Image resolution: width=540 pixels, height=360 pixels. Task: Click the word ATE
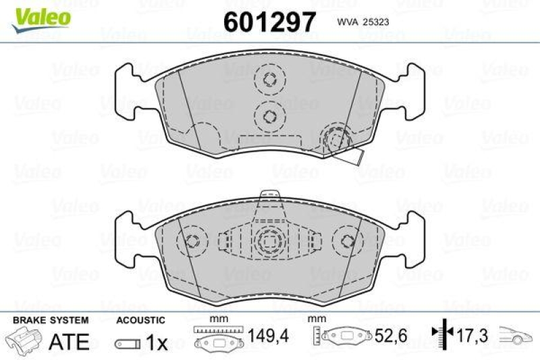pyautogui.click(x=69, y=342)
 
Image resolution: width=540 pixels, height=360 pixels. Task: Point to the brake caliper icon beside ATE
pyautogui.click(x=24, y=340)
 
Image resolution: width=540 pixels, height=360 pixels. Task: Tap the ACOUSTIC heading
pyautogui.click(x=140, y=320)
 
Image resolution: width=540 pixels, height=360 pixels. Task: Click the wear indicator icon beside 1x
pyautogui.click(x=126, y=344)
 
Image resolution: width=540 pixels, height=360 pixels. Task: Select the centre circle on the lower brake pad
pyautogui.click(x=269, y=240)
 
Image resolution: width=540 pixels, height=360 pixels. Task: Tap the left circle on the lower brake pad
pyautogui.click(x=192, y=240)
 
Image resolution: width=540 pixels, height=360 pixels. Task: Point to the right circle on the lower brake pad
pyautogui.click(x=347, y=240)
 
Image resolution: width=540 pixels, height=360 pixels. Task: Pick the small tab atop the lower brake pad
pyautogui.click(x=270, y=193)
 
